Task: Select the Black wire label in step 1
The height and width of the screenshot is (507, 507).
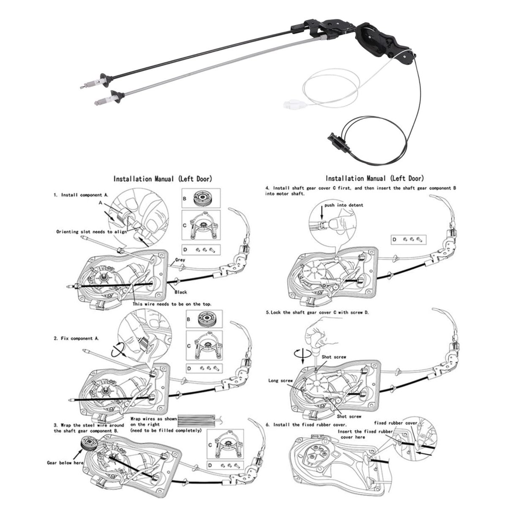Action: coord(180,292)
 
